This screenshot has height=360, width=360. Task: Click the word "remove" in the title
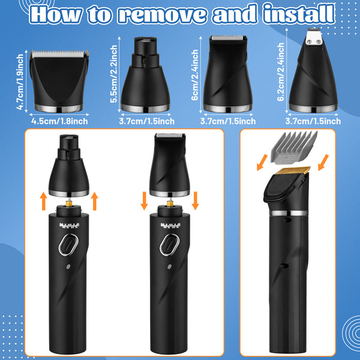(163, 14)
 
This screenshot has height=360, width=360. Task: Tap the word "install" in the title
(299, 13)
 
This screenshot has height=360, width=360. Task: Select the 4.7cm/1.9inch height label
(20, 82)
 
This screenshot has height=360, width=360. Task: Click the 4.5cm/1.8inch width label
(59, 121)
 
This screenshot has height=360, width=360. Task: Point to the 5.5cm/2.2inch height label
(113, 74)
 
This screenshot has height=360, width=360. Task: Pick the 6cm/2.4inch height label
(195, 75)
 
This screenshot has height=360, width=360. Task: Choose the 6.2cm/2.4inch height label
(281, 72)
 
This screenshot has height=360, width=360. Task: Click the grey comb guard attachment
(294, 148)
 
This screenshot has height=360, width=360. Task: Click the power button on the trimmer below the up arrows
(68, 245)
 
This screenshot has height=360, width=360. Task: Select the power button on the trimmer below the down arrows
(169, 245)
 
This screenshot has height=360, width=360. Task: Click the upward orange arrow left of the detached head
(43, 201)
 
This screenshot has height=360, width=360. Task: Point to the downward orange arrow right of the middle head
(195, 200)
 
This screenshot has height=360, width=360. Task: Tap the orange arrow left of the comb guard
(262, 163)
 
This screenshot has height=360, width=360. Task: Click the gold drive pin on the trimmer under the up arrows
(68, 203)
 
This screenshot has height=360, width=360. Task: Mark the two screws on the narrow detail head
(313, 41)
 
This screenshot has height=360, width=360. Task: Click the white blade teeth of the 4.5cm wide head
(59, 54)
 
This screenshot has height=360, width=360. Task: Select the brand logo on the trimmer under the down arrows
(171, 226)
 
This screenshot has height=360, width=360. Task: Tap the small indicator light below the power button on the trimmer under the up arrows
(68, 267)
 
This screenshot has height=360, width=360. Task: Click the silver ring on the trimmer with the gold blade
(289, 213)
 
